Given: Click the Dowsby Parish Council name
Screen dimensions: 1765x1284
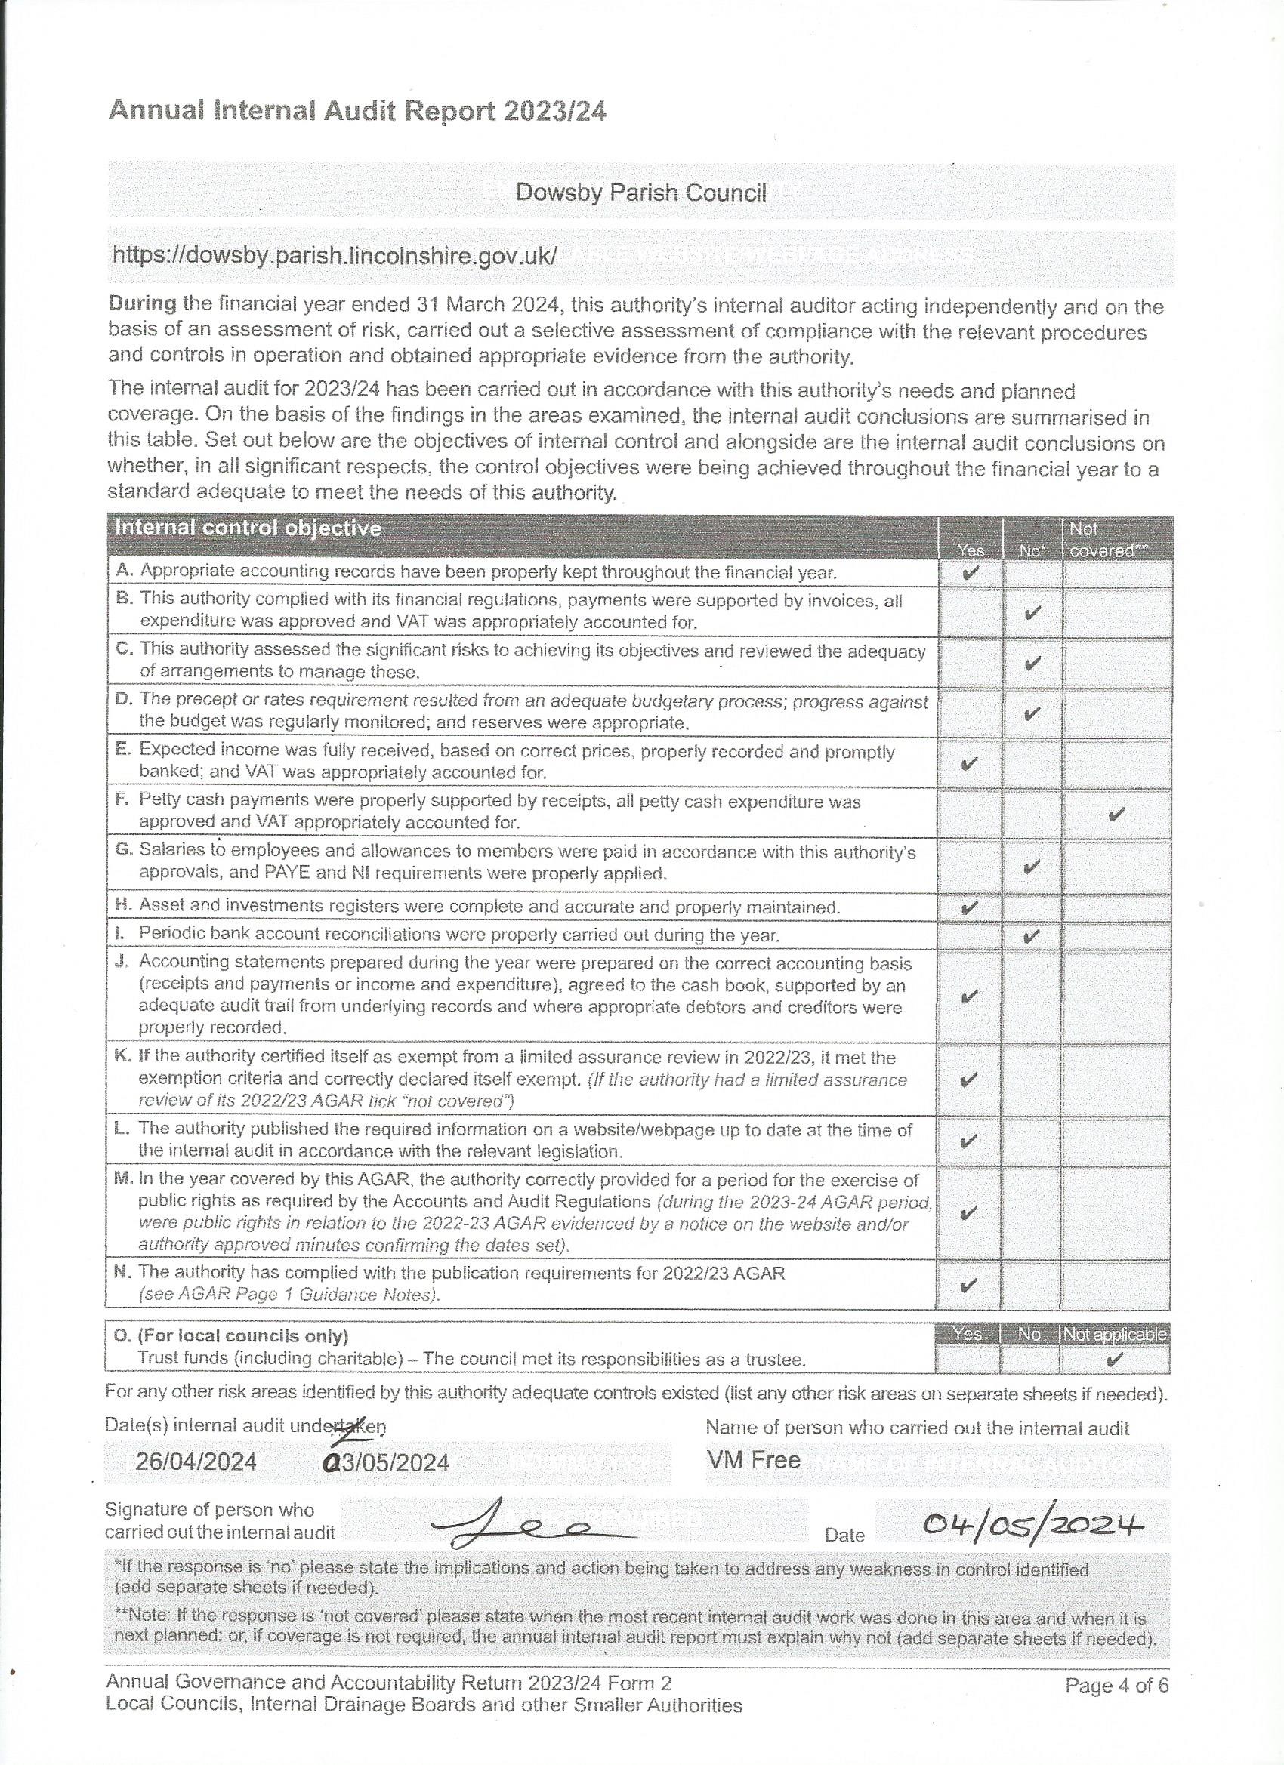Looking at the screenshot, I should pos(640,193).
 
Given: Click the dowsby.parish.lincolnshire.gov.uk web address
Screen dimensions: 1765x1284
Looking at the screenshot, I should pos(335,255).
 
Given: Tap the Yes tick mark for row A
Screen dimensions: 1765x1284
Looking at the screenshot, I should pos(971,574).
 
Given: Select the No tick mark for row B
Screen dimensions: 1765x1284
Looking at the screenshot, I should pos(1032,612).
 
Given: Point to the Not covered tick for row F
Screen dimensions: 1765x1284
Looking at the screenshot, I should pos(1116,814).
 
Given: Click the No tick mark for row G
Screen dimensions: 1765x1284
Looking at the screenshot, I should pos(1032,866).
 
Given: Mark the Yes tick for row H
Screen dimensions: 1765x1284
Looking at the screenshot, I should pos(971,907).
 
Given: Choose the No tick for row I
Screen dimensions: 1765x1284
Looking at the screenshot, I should pos(1032,936).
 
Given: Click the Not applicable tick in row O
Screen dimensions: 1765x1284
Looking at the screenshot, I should pos(1115,1360).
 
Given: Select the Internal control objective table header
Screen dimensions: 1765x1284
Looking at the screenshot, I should pos(248,528).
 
